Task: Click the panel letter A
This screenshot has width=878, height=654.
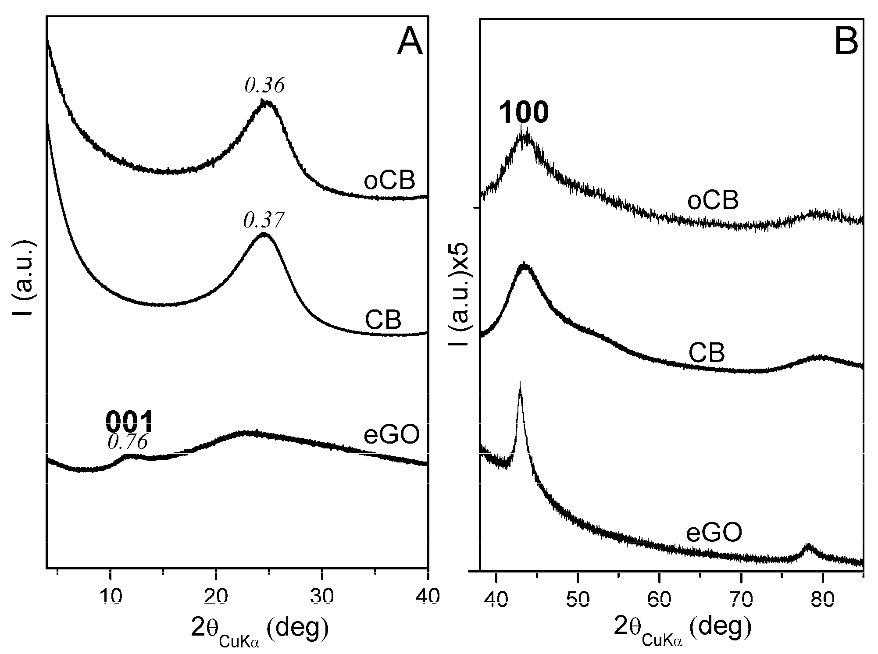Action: (409, 44)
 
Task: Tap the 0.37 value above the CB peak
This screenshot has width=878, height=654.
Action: (264, 220)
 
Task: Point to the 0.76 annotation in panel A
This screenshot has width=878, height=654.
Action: (128, 442)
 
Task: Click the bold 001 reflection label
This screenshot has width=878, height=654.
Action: (129, 422)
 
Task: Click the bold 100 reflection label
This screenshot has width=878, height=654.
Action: (524, 112)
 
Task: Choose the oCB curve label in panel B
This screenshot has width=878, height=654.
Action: (713, 200)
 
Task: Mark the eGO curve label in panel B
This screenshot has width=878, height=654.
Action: (714, 533)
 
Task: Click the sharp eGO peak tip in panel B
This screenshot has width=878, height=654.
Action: (520, 383)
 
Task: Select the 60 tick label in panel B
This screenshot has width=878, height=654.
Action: (659, 599)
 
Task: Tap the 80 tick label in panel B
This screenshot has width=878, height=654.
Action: (822, 599)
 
